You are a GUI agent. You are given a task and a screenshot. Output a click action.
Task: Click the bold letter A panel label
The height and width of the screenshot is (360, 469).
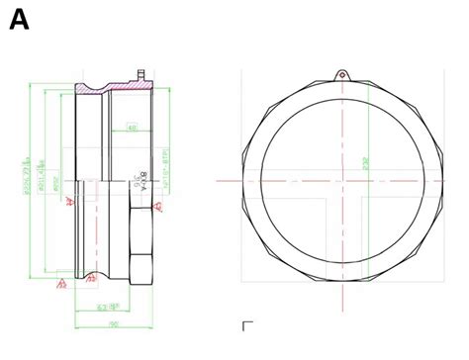[x=19, y=19]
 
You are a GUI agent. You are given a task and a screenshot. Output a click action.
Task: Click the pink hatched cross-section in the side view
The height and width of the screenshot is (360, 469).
[x=109, y=90]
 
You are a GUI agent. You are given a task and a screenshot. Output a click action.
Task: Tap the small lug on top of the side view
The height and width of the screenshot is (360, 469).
[x=141, y=74]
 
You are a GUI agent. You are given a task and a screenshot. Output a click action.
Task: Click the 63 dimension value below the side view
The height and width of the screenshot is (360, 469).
[x=103, y=308]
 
